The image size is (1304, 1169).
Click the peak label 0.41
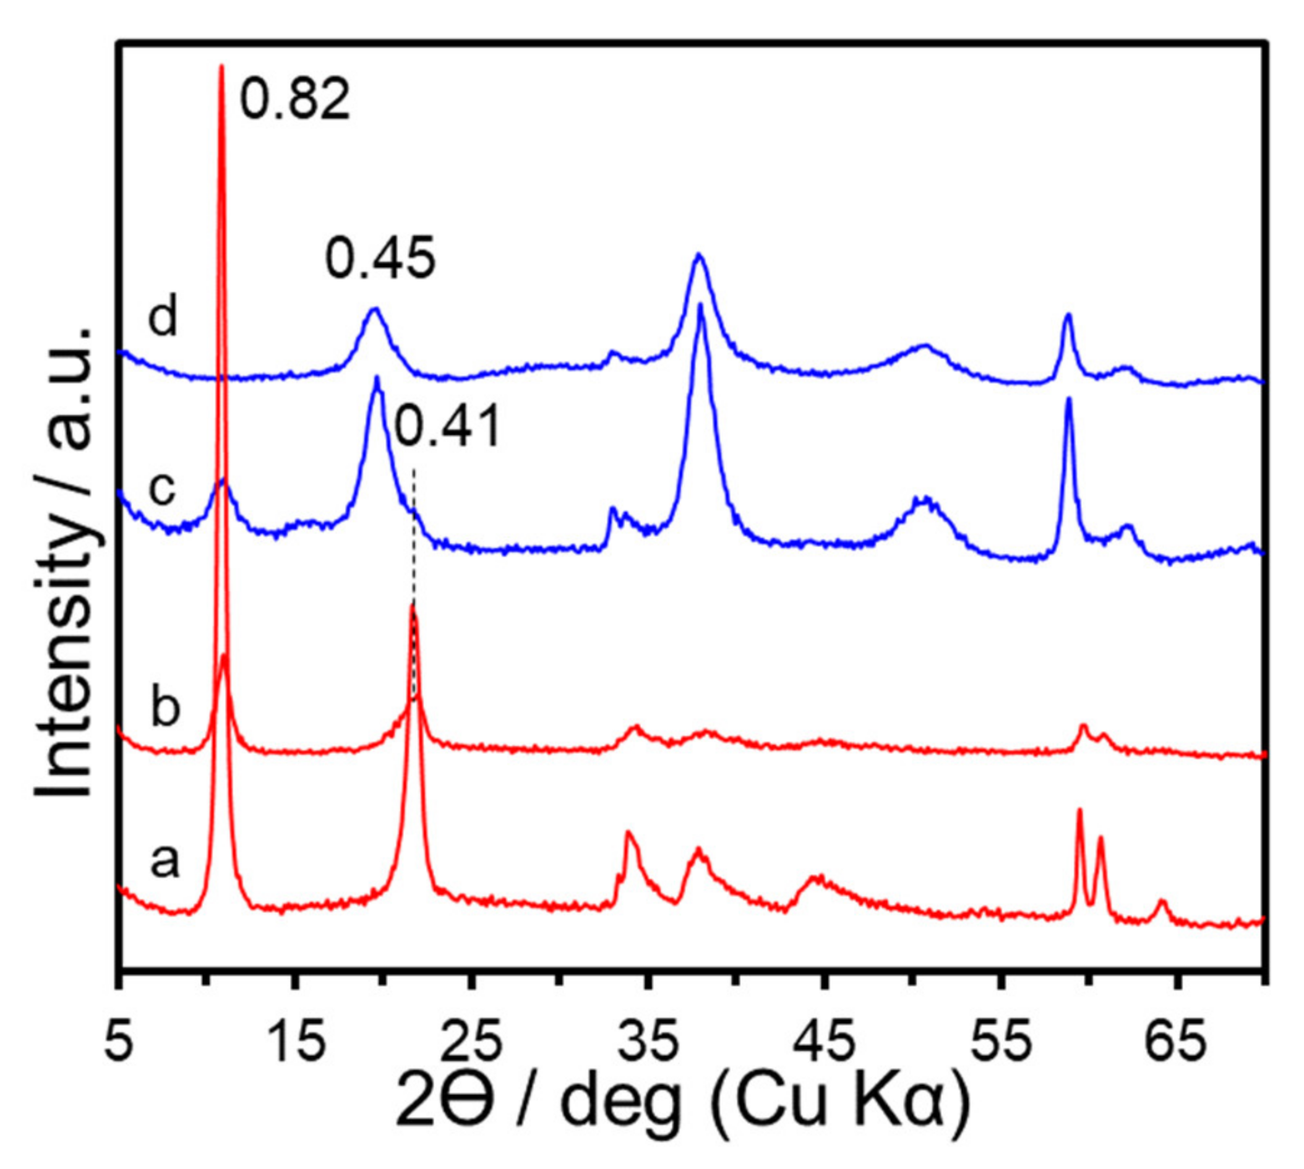tap(447, 427)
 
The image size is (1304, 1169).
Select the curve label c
tap(162, 489)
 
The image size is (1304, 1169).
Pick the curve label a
tap(165, 860)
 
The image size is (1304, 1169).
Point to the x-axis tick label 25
tap(473, 1043)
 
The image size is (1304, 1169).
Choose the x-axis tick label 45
tap(825, 1043)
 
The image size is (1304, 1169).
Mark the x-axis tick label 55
tap(1001, 1043)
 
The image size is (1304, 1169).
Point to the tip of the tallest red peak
tap(221, 67)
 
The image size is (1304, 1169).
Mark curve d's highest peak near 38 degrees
tap(698, 254)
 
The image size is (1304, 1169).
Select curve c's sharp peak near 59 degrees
tap(1068, 399)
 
